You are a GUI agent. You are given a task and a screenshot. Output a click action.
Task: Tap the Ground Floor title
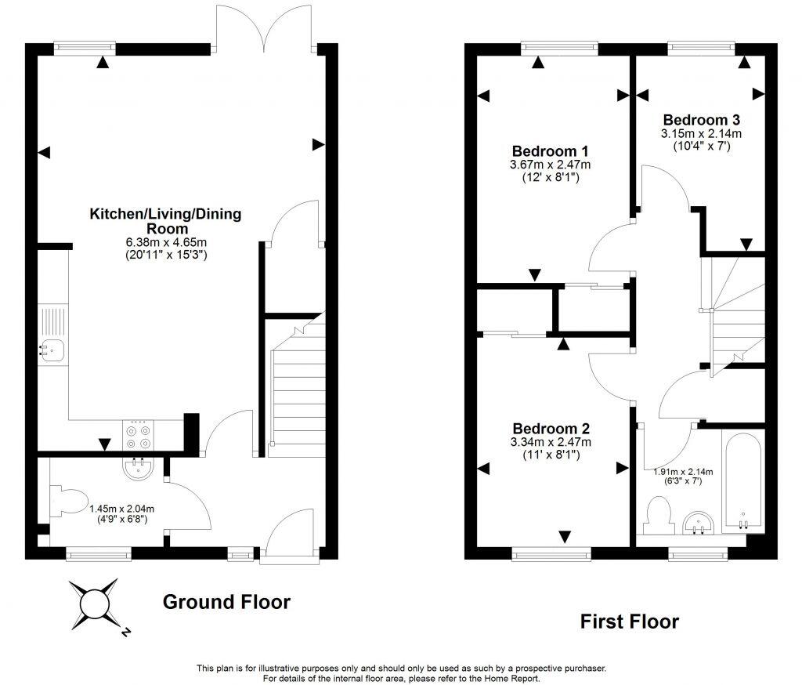pyautogui.click(x=226, y=602)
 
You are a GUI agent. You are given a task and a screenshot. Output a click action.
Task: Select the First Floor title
pyautogui.click(x=629, y=622)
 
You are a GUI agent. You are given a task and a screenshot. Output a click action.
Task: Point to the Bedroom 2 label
pyautogui.click(x=551, y=429)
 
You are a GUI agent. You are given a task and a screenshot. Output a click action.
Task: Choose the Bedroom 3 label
pyautogui.click(x=701, y=120)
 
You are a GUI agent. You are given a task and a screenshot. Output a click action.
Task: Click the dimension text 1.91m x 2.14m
pyautogui.click(x=683, y=472)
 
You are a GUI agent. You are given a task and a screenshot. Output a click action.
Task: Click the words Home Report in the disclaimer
pyautogui.click(x=515, y=678)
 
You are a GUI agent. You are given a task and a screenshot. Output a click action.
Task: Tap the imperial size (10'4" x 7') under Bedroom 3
pyautogui.click(x=701, y=145)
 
